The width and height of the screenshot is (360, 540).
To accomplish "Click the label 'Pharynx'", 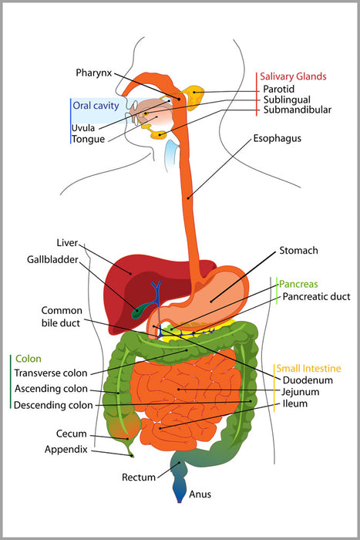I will click(94, 73).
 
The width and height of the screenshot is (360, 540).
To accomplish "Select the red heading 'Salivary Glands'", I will click(293, 76).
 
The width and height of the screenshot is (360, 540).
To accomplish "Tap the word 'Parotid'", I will click(278, 89).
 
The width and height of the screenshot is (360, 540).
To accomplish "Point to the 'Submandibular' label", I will click(296, 110).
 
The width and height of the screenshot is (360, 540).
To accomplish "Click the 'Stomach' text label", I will click(299, 251).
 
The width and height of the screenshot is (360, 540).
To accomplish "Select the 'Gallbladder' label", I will click(54, 261).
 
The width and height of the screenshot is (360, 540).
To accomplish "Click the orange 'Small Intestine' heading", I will click(310, 368).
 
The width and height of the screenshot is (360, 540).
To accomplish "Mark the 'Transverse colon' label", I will click(52, 373).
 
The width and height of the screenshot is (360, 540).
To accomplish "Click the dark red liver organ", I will click(131, 278).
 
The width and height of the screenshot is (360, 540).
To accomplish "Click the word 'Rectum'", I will click(139, 478).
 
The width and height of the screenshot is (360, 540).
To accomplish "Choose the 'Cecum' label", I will click(71, 434).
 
